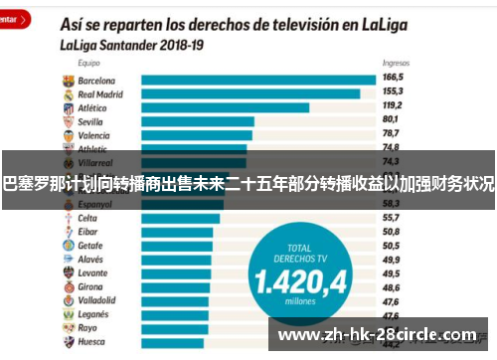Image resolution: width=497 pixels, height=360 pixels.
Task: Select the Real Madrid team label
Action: click(99, 93)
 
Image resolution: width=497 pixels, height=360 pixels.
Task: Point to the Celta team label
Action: click(87, 218)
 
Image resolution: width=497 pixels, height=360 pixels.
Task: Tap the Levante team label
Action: click(92, 272)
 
